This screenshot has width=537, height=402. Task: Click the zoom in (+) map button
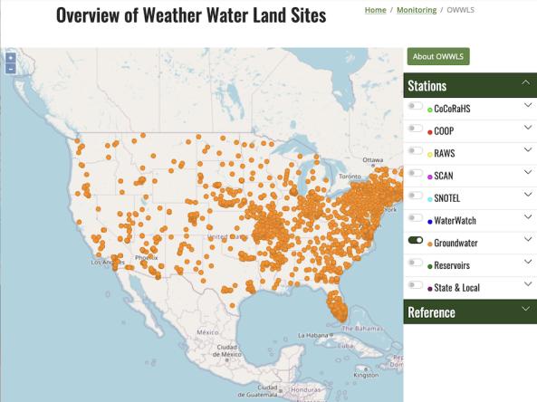coord(10,58)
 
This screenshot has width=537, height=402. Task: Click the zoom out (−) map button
coord(10,68)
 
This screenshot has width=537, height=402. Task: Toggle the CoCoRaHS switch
coord(416,107)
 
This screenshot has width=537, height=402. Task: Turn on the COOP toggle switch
coord(416,129)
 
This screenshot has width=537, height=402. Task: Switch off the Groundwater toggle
coord(416,241)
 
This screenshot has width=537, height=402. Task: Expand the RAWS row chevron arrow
coord(527,151)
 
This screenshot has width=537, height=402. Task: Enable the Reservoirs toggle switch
coord(416,263)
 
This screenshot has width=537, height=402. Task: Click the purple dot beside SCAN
coord(430,175)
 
